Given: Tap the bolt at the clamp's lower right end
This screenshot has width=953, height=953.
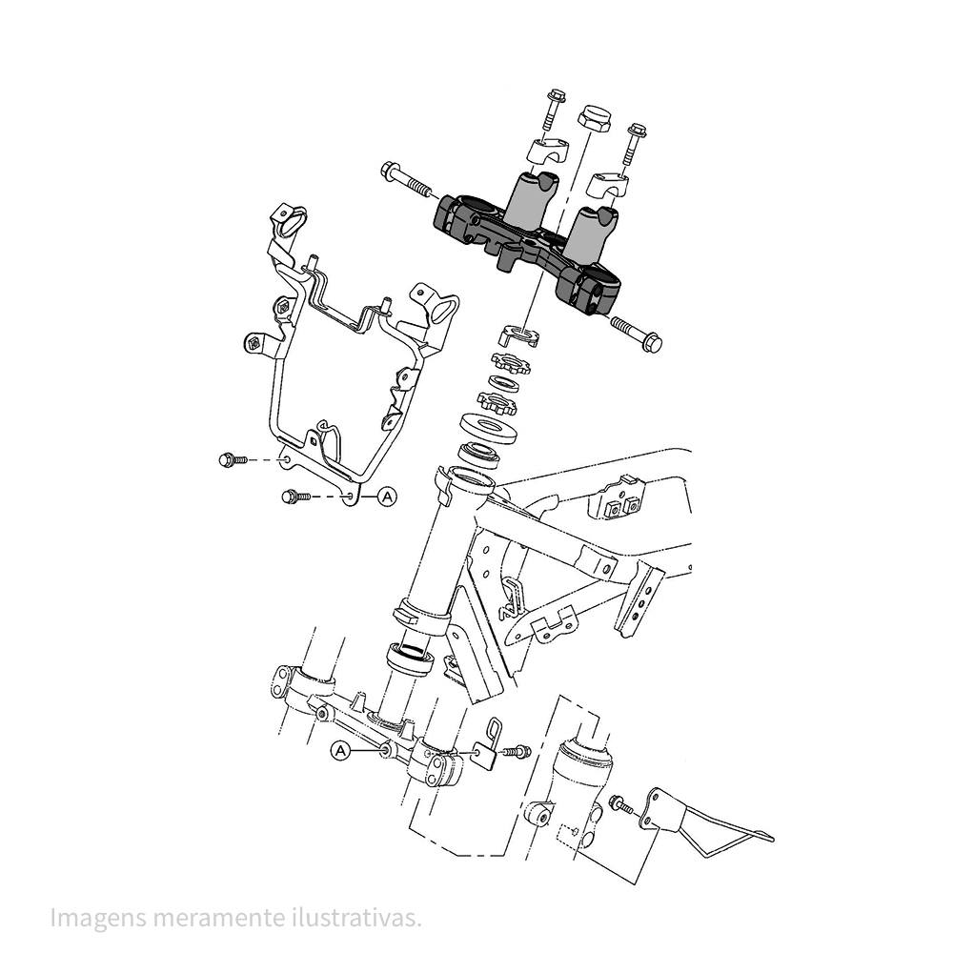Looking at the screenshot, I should pos(637,334).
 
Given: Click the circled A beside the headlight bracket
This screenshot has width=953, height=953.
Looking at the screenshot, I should pos(386,496).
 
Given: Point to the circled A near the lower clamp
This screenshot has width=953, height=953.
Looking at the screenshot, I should pos(340,751).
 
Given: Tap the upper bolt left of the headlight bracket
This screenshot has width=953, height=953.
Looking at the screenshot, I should pos(232,460).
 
